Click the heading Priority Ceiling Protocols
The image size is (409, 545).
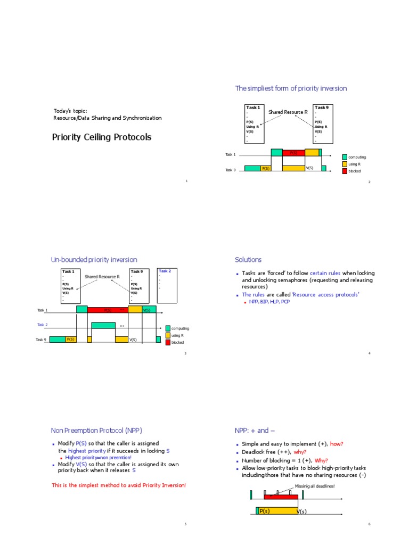tap(101, 137)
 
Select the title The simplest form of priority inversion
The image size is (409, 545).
tap(291, 88)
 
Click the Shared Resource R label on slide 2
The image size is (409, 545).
tap(288, 112)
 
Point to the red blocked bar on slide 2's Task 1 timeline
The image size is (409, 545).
tap(293, 153)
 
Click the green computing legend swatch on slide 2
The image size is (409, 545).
tap(345, 157)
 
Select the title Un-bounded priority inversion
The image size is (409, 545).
tap(94, 260)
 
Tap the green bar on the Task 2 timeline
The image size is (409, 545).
tap(103, 325)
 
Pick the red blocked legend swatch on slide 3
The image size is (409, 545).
tap(168, 342)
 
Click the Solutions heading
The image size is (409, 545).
tap(248, 260)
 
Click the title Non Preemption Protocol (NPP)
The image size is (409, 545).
tap(96, 431)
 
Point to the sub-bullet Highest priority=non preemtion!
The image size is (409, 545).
tap(98, 457)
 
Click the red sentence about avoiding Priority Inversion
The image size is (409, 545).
tap(119, 485)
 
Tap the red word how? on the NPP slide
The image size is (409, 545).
tap(337, 444)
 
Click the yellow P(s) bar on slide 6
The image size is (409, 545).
tap(277, 511)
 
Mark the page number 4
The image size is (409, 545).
tap(369, 353)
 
